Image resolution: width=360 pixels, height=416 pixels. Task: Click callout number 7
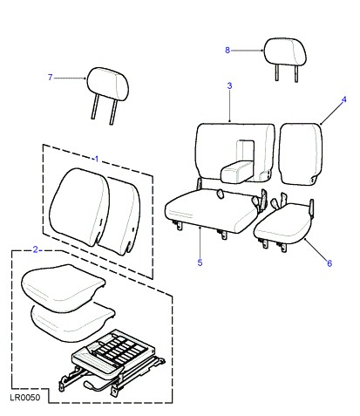pos(51,78)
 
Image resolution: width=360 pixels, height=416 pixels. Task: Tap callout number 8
pos(228,50)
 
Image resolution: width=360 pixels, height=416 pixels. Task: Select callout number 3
pos(229,85)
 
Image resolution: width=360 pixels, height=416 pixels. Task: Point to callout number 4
pos(343,99)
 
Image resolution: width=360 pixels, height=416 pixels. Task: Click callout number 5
pos(200,263)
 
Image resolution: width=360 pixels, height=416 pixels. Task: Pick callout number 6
pos(329,263)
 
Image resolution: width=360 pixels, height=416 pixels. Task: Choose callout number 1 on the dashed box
pos(97,159)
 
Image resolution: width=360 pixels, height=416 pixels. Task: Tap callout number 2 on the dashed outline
pos(36,249)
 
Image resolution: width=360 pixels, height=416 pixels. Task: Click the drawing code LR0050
pos(25,398)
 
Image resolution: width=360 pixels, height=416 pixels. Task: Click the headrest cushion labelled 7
pos(108,84)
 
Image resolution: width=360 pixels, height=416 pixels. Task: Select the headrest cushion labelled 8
pos(285,51)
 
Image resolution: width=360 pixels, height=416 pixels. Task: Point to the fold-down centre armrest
pos(237,172)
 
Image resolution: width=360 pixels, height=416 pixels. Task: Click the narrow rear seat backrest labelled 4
pos(301,153)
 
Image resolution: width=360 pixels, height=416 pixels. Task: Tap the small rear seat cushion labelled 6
pos(282,224)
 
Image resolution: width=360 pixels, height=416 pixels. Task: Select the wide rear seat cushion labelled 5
pos(212,210)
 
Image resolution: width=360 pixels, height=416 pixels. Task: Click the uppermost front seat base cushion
pos(63,286)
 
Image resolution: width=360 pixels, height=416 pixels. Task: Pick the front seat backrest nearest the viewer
pos(79,207)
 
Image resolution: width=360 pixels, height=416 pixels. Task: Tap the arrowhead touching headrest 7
pos(85,78)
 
